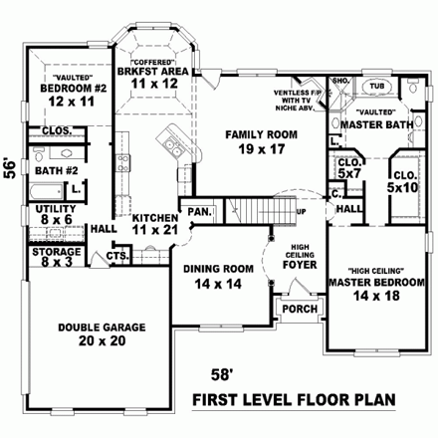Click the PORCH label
point(300,307)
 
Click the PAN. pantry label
point(199,211)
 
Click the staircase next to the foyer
point(262,210)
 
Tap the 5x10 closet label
point(404,181)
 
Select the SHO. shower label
point(338,81)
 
